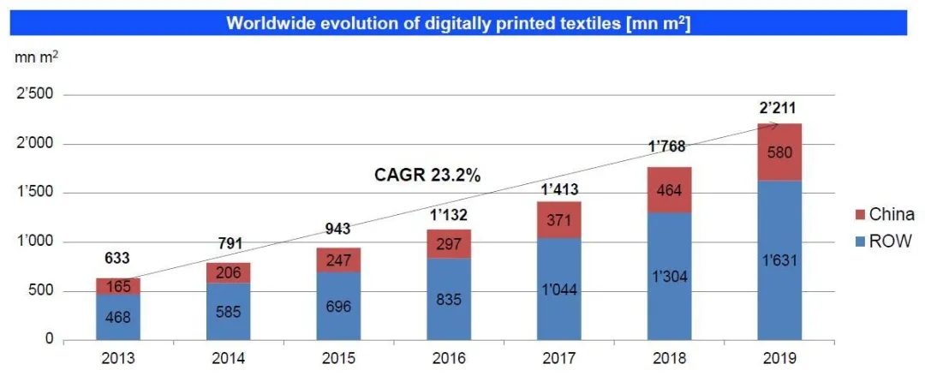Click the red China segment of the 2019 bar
779,152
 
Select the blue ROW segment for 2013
118,317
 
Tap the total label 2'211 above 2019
779,108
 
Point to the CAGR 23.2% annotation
427,175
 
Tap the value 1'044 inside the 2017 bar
559,289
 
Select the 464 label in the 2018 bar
669,189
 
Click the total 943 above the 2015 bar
339,229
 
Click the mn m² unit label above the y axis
36,57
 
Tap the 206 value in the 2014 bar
229,273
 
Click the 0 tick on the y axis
51,339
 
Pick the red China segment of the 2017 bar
559,220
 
